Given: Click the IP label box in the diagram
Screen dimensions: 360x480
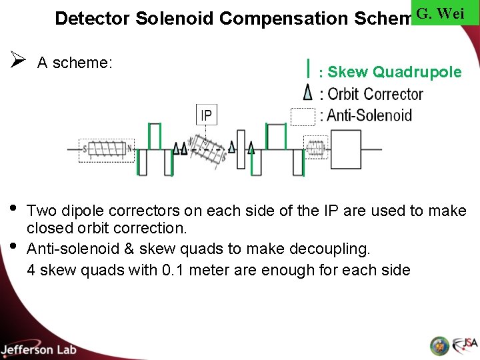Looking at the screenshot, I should tap(206, 115).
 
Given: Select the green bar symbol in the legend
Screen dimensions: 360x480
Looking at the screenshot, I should tap(308, 68).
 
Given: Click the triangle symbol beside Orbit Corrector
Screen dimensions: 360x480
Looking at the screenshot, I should tap(307, 92).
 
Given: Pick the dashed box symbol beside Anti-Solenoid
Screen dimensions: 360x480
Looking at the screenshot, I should tap(303, 115).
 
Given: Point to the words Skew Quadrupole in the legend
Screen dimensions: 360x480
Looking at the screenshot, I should tap(395, 72).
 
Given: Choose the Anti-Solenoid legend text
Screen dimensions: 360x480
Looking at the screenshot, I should tap(369, 115).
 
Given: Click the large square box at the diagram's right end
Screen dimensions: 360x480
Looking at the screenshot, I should tap(346, 150).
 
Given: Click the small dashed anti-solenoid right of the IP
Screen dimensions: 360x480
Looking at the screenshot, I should tap(315, 147).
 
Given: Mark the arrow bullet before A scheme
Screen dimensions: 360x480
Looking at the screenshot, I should tap(18, 61).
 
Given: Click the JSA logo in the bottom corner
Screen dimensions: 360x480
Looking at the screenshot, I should tap(465, 345).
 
